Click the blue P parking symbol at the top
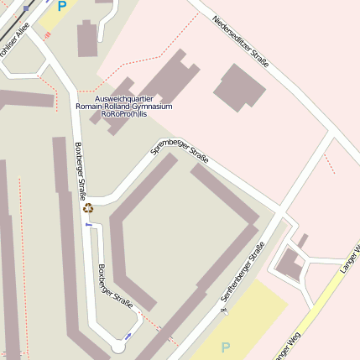[61, 6]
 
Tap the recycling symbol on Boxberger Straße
[88, 207]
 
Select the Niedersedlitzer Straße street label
[240, 43]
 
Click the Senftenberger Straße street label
[243, 272]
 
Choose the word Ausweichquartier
[123, 98]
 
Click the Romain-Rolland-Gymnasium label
[123, 107]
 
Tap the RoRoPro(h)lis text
[123, 114]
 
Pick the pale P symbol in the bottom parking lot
[225, 347]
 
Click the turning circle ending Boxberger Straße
[118, 346]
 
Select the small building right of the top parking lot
[87, 39]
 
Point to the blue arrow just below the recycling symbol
[89, 225]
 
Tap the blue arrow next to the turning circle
[128, 336]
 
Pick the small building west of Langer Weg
[290, 265]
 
